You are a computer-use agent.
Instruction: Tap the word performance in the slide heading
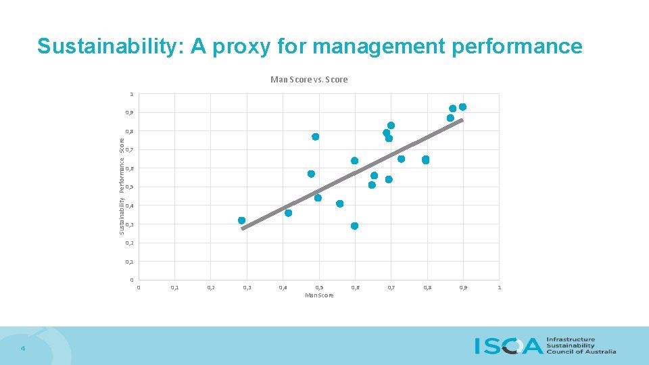(x=514, y=46)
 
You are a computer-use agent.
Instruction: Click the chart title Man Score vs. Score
(x=309, y=80)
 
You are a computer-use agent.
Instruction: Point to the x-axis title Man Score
(x=319, y=295)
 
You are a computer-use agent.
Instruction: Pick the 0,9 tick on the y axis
(x=129, y=113)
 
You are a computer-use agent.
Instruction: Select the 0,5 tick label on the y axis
(x=129, y=187)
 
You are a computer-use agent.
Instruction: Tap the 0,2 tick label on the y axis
(x=129, y=243)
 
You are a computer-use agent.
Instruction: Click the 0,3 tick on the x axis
(x=247, y=288)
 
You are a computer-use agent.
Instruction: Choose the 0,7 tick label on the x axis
(x=391, y=288)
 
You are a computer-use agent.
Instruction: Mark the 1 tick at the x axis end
(x=499, y=288)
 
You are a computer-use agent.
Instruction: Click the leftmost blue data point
(x=241, y=220)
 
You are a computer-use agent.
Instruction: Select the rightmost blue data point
(x=462, y=107)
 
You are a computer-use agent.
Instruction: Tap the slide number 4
(x=22, y=348)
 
